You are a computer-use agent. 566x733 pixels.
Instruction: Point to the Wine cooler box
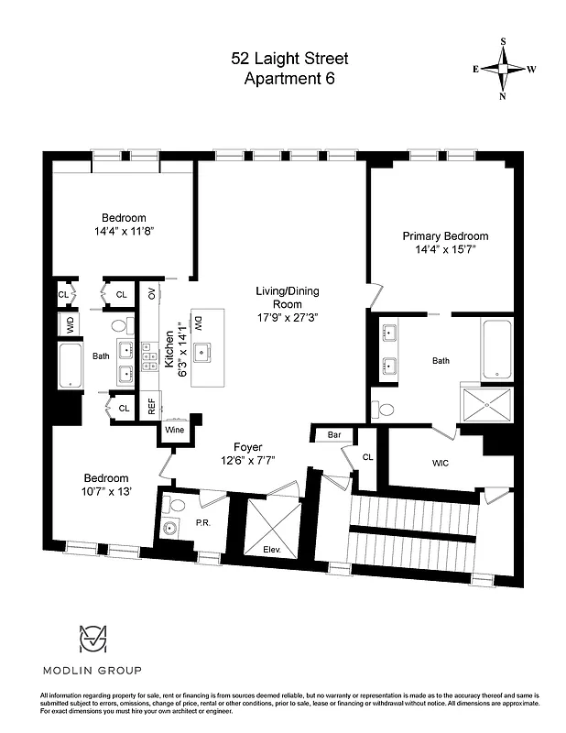coord(174,428)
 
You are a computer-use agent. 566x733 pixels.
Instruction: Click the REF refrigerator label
coord(152,405)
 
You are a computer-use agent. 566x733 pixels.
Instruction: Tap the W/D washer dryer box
coord(67,324)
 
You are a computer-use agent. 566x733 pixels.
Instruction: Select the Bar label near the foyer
coord(334,434)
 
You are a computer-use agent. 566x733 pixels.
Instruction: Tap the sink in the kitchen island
coord(201,350)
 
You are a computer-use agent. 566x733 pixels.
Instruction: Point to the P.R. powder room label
coord(203,523)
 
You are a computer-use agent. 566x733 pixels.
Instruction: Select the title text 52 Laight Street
coord(288,59)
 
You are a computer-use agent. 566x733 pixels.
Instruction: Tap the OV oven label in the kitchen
coord(152,293)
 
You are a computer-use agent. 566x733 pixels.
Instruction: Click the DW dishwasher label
coord(197,323)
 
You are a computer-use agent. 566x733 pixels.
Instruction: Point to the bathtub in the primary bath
coord(497,348)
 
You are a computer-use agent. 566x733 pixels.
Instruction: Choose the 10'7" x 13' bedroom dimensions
coord(107,492)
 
